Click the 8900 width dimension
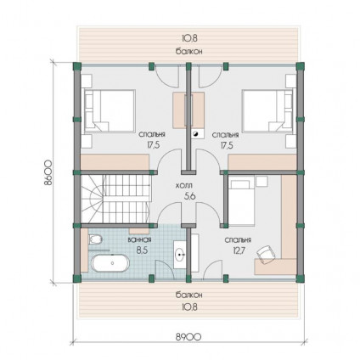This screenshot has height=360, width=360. point(188,336)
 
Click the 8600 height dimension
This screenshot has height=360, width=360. point(48,172)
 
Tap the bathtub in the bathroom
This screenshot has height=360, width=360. point(110,263)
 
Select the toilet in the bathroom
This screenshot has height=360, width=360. point(95,240)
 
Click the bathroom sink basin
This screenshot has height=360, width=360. point(180,255)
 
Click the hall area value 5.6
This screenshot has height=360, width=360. point(190,196)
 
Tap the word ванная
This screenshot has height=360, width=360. point(139,239)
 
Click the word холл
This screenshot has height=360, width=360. point(184,186)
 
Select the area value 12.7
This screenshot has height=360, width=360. point(239,250)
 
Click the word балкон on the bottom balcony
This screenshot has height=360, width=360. point(188,295)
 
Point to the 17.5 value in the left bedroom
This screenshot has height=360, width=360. point(154,145)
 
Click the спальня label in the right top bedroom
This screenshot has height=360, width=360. point(226,135)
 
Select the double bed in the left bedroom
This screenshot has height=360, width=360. point(108,110)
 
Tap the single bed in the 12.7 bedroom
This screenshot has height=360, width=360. point(240,201)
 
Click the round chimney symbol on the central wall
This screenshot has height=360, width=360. point(195,134)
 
